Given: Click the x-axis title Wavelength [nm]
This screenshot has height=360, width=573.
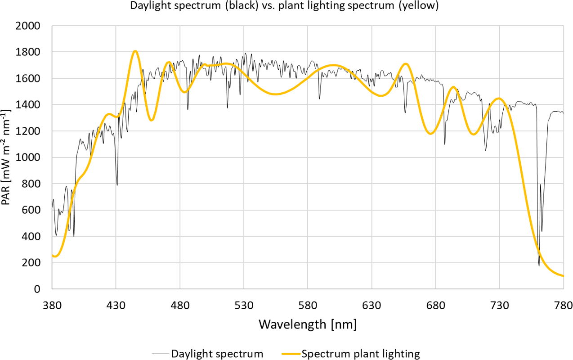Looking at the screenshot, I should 308,324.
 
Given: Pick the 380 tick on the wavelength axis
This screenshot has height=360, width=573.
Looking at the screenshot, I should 52,306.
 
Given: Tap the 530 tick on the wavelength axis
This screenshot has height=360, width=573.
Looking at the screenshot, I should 244,306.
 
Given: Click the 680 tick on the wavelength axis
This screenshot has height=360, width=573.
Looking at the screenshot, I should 436,306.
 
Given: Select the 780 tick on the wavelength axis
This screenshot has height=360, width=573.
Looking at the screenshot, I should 563,306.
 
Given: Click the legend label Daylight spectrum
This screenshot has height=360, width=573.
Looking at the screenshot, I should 217,354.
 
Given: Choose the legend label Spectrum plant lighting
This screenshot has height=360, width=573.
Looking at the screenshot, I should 361,354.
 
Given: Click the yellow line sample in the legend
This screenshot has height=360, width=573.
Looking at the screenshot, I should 291,354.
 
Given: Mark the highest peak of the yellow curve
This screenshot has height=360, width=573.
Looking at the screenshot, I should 135,51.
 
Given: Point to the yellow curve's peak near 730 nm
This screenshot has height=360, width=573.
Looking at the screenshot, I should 499,98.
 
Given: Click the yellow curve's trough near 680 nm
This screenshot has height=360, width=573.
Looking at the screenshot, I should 431,134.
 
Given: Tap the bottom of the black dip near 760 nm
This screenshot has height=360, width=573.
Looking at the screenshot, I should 539,265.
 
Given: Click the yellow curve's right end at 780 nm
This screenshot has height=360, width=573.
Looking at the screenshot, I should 563,276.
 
